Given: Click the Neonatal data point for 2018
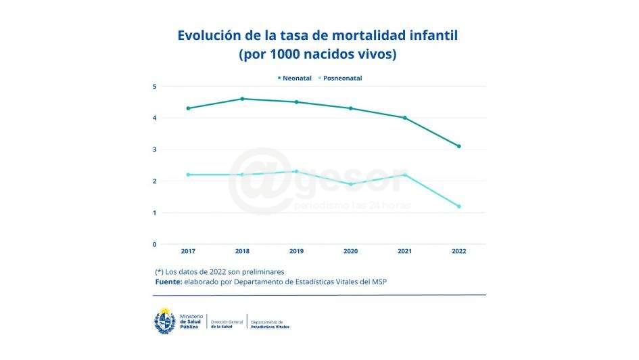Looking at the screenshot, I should click(242, 99).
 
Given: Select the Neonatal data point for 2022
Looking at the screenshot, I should click(458, 146).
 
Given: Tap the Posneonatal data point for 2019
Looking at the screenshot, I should click(296, 171).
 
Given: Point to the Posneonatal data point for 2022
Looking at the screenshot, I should click(458, 206).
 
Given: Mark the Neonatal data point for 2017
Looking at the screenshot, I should click(188, 108).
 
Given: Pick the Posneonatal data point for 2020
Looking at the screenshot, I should click(350, 184).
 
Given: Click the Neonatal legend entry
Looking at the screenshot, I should click(295, 78).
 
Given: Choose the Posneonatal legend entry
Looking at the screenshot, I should click(341, 78).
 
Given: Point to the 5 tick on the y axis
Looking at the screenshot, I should click(154, 87).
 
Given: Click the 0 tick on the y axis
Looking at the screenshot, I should click(154, 244).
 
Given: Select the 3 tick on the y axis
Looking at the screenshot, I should click(154, 150).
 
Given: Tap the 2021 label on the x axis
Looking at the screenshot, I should click(404, 252).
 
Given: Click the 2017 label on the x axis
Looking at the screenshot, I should click(188, 252).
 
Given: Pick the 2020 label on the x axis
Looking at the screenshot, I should click(350, 252).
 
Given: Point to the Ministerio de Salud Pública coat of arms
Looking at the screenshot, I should click(166, 321).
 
